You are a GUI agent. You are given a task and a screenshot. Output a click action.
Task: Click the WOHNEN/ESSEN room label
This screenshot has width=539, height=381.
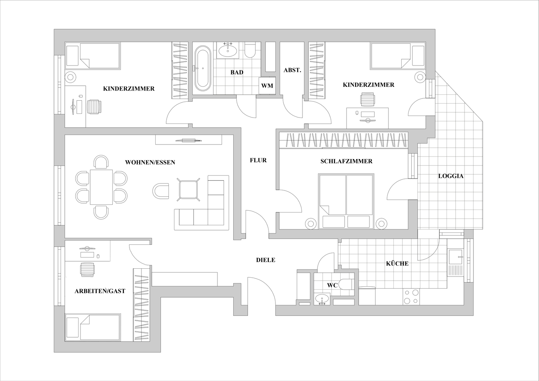point(150,162)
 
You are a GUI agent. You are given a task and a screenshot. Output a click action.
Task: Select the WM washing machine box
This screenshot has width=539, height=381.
point(267,86)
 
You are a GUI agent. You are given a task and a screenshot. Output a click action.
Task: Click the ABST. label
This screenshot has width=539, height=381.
point(292,70)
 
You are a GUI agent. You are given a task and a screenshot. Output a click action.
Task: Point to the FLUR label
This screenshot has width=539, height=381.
point(258,160)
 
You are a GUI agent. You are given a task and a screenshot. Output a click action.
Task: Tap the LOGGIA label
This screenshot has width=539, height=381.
point(451,176)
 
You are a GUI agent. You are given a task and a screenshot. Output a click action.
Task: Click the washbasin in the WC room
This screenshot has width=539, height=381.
point(322,299)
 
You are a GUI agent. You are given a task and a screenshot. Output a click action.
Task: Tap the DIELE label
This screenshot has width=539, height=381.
point(265,260)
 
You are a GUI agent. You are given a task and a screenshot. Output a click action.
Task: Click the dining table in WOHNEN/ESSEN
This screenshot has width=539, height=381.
point(101,187)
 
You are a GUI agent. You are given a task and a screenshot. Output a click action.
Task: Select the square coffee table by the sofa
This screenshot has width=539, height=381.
point(188,189)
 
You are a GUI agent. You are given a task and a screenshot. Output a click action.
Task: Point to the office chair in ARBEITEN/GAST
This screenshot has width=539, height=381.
point(87,269)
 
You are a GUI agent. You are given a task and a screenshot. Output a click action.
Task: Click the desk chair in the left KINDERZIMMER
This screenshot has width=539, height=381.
point(94,107)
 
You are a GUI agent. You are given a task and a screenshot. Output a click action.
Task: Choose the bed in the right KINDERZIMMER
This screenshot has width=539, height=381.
point(398,56)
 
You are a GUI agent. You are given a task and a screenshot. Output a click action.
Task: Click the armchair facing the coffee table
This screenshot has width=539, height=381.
point(161,191)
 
